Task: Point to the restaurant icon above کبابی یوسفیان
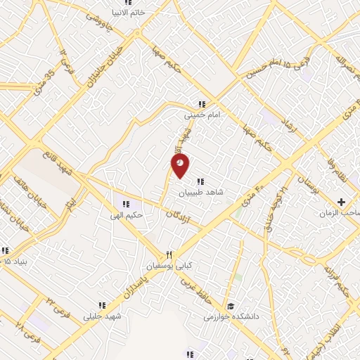(169, 255)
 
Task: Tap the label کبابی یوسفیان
(167, 266)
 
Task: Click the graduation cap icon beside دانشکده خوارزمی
(231, 307)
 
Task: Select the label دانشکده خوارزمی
(233, 317)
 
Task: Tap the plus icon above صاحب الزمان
(341, 202)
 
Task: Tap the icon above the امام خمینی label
(202, 103)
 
